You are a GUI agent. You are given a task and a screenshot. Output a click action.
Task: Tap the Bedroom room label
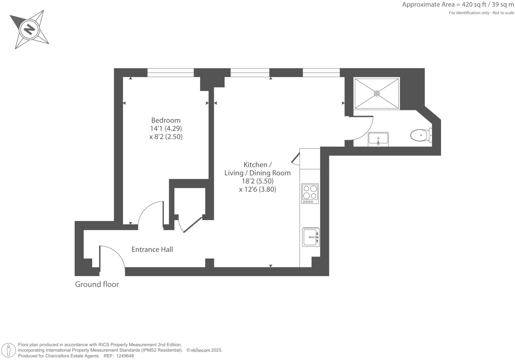point(166,120)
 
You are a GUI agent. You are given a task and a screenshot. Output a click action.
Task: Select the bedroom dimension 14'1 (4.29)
point(166,128)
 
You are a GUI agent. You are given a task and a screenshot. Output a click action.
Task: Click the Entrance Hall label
point(152,250)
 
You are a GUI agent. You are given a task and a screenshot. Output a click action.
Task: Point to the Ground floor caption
point(97,284)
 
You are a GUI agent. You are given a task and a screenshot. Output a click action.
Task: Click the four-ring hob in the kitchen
point(310,193)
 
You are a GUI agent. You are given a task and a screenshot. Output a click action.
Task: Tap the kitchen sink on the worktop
point(311,237)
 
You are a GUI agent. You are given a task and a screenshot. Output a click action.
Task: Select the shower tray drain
point(377,94)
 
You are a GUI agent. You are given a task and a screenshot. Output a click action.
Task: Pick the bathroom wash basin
point(378,139)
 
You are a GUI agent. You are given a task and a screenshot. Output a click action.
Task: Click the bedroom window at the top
point(170,73)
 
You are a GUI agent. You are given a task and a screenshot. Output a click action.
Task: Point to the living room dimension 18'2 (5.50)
point(257,181)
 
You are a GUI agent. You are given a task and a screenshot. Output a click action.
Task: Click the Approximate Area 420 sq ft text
point(458,5)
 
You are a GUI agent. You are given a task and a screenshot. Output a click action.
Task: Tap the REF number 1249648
point(124,356)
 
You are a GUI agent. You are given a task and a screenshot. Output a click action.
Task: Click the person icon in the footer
point(9,350)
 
